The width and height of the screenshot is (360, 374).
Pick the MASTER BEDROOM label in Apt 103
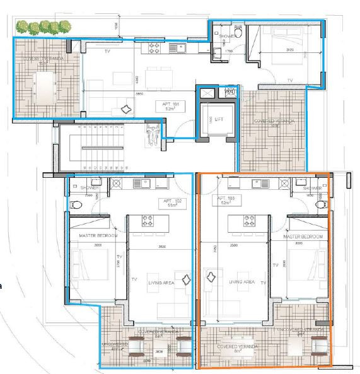point(303,236)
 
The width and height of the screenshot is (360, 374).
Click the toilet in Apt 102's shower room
point(76,204)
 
